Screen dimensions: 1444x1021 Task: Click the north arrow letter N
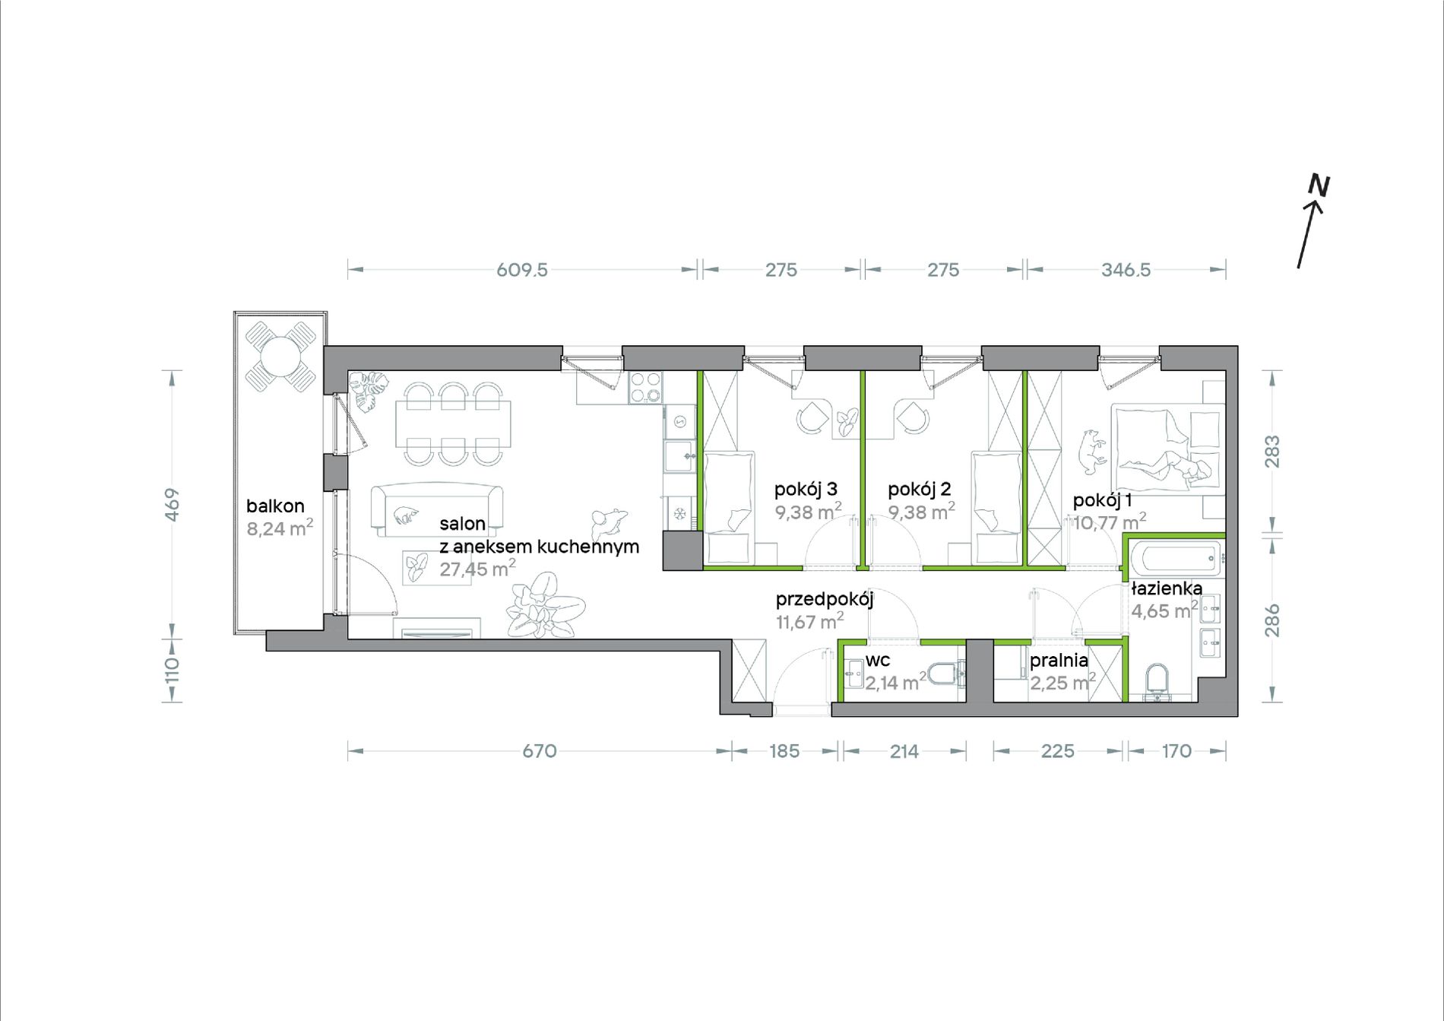[1319, 185]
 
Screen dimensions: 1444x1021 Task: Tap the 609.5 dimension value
[522, 270]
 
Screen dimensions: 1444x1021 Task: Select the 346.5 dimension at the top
[1126, 270]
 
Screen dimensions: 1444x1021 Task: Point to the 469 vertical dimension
[173, 504]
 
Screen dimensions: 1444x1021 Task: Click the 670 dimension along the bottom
[540, 751]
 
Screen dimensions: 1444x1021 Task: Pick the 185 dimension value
[784, 751]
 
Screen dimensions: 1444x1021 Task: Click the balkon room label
[275, 506]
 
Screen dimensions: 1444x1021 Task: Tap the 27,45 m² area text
[477, 568]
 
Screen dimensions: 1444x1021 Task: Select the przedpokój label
[825, 600]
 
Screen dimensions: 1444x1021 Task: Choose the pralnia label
[1059, 661]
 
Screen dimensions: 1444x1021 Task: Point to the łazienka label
[1167, 588]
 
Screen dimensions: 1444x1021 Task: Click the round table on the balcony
[280, 356]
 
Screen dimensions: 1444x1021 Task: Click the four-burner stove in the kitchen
[645, 388]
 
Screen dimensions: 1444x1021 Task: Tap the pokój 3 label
[806, 490]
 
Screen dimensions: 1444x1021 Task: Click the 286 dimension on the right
[1272, 620]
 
